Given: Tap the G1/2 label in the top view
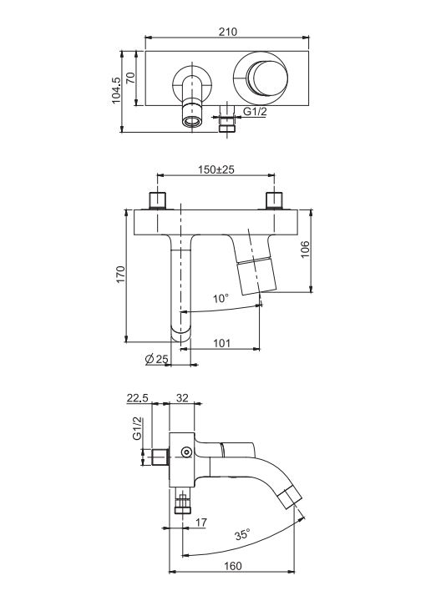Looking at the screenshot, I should point(255,111).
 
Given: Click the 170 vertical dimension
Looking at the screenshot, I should point(119,275).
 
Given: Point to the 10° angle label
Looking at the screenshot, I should point(220,298).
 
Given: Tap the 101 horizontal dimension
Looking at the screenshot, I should point(223,342).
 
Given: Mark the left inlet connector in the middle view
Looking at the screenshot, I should point(159,200).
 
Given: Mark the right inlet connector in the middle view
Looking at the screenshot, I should point(273,200).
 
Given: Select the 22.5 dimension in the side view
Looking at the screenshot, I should point(137,398).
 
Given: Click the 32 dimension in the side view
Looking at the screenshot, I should point(181,398).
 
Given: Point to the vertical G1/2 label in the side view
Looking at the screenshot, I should point(136,429).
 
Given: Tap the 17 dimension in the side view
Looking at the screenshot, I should point(200,523).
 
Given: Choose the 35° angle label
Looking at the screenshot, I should point(243,533).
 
